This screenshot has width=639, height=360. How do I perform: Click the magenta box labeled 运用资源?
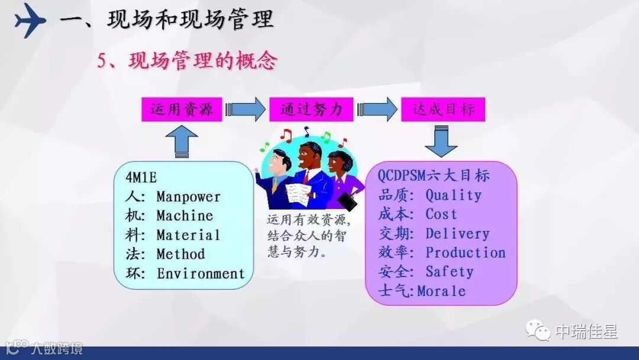coord(182,110)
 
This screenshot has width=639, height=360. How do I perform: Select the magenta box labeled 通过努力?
coord(311,110)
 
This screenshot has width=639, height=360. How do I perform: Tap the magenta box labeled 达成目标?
coord(443,110)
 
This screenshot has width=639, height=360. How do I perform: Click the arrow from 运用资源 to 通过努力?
coord(246,110)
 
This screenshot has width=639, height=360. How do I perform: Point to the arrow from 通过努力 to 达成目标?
coord(377,110)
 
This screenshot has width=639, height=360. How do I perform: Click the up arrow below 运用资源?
coord(182,143)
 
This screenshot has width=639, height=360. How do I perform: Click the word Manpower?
coord(188,197)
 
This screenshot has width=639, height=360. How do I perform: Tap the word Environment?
coord(201,274)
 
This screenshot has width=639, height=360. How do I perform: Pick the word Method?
coord(180,254)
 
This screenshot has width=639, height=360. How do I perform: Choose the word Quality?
coord(453,195)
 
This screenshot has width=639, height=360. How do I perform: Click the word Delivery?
coord(457,233)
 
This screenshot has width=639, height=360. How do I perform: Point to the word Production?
coord(465,252)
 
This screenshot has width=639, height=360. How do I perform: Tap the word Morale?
coord(441,291)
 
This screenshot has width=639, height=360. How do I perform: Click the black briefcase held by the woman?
coord(349,202)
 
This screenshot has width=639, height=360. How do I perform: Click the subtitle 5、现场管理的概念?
coord(187,60)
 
